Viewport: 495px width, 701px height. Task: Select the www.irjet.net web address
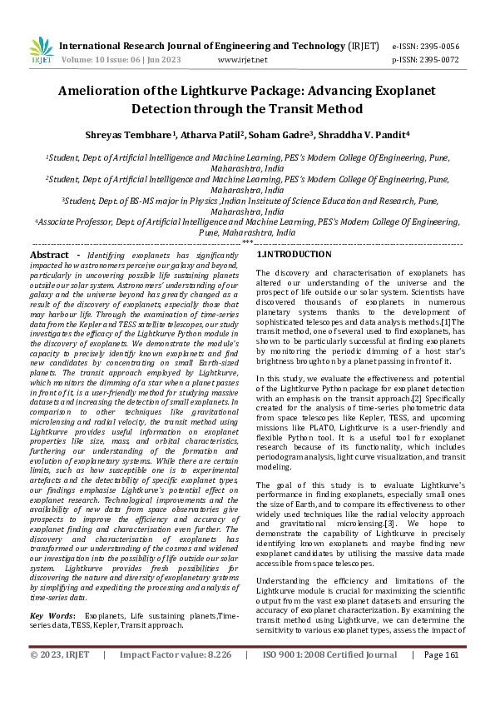tap(242, 60)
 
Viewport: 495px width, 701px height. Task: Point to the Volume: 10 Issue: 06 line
tap(115, 60)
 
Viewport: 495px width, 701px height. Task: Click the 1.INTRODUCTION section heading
tap(294, 254)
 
